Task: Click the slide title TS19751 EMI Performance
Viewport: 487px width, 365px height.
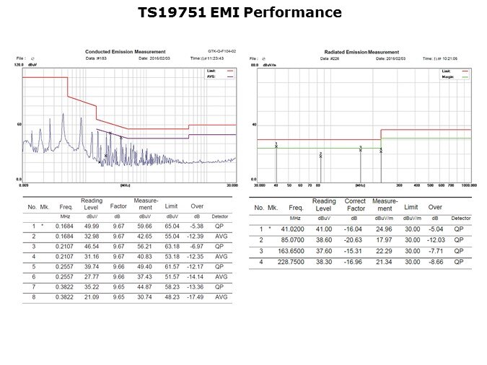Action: [x=239, y=13]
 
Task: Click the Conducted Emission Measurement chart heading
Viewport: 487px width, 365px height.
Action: [x=126, y=52]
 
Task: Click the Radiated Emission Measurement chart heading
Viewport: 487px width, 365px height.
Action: [x=361, y=52]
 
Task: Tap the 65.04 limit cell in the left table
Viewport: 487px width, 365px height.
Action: [x=172, y=226]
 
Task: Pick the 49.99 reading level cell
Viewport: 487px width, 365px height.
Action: [x=92, y=226]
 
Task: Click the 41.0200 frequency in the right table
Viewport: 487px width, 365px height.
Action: [x=296, y=229]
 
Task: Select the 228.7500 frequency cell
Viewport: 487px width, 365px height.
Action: [x=296, y=262]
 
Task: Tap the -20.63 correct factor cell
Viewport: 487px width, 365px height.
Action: [x=354, y=240]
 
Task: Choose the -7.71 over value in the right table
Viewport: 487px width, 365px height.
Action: [x=434, y=251]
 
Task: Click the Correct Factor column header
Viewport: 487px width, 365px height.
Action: [x=354, y=205]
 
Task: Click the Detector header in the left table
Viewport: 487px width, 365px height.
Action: [x=221, y=216]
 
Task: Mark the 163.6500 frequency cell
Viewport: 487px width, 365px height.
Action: [x=296, y=251]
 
